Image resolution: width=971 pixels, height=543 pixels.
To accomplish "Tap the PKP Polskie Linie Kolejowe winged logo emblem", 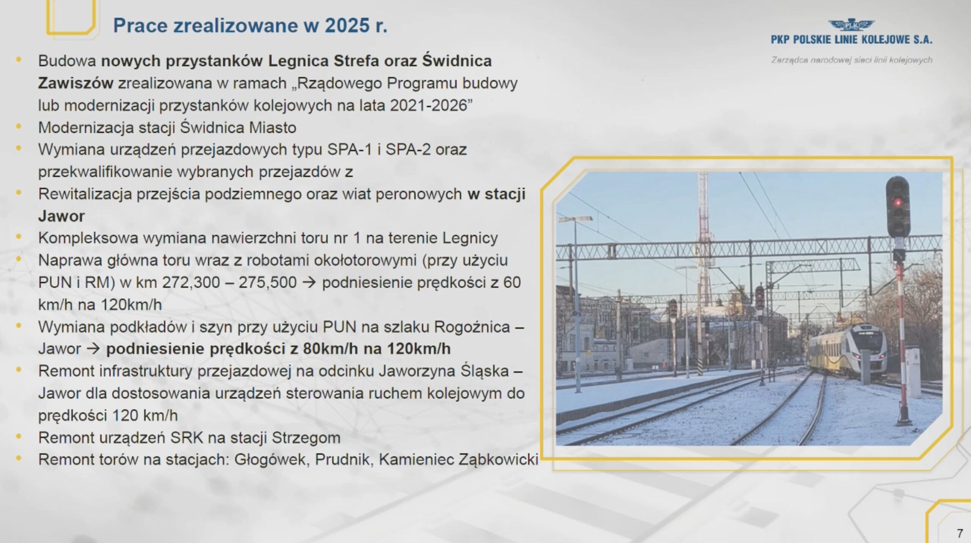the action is tap(851, 25).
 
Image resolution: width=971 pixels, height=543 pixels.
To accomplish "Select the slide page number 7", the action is tap(960, 534).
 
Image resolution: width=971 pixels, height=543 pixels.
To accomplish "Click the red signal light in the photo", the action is tap(897, 202).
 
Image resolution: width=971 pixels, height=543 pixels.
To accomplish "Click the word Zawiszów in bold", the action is tap(75, 83).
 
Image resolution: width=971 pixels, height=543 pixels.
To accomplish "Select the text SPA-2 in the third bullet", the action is tap(408, 149).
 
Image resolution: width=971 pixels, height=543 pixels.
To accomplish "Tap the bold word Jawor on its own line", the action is tap(61, 216).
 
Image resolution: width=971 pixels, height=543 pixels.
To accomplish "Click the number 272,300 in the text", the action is tap(191, 283).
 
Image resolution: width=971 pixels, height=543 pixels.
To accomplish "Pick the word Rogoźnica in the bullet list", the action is tap(472, 327).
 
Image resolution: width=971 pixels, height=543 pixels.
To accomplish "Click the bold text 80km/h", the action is tap(330, 349).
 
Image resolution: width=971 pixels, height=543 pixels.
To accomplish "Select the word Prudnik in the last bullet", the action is tap(343, 460).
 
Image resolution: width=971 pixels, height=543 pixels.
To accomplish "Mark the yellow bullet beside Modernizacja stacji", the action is tap(18, 126).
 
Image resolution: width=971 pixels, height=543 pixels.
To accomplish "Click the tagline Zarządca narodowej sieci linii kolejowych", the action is tap(852, 60).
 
